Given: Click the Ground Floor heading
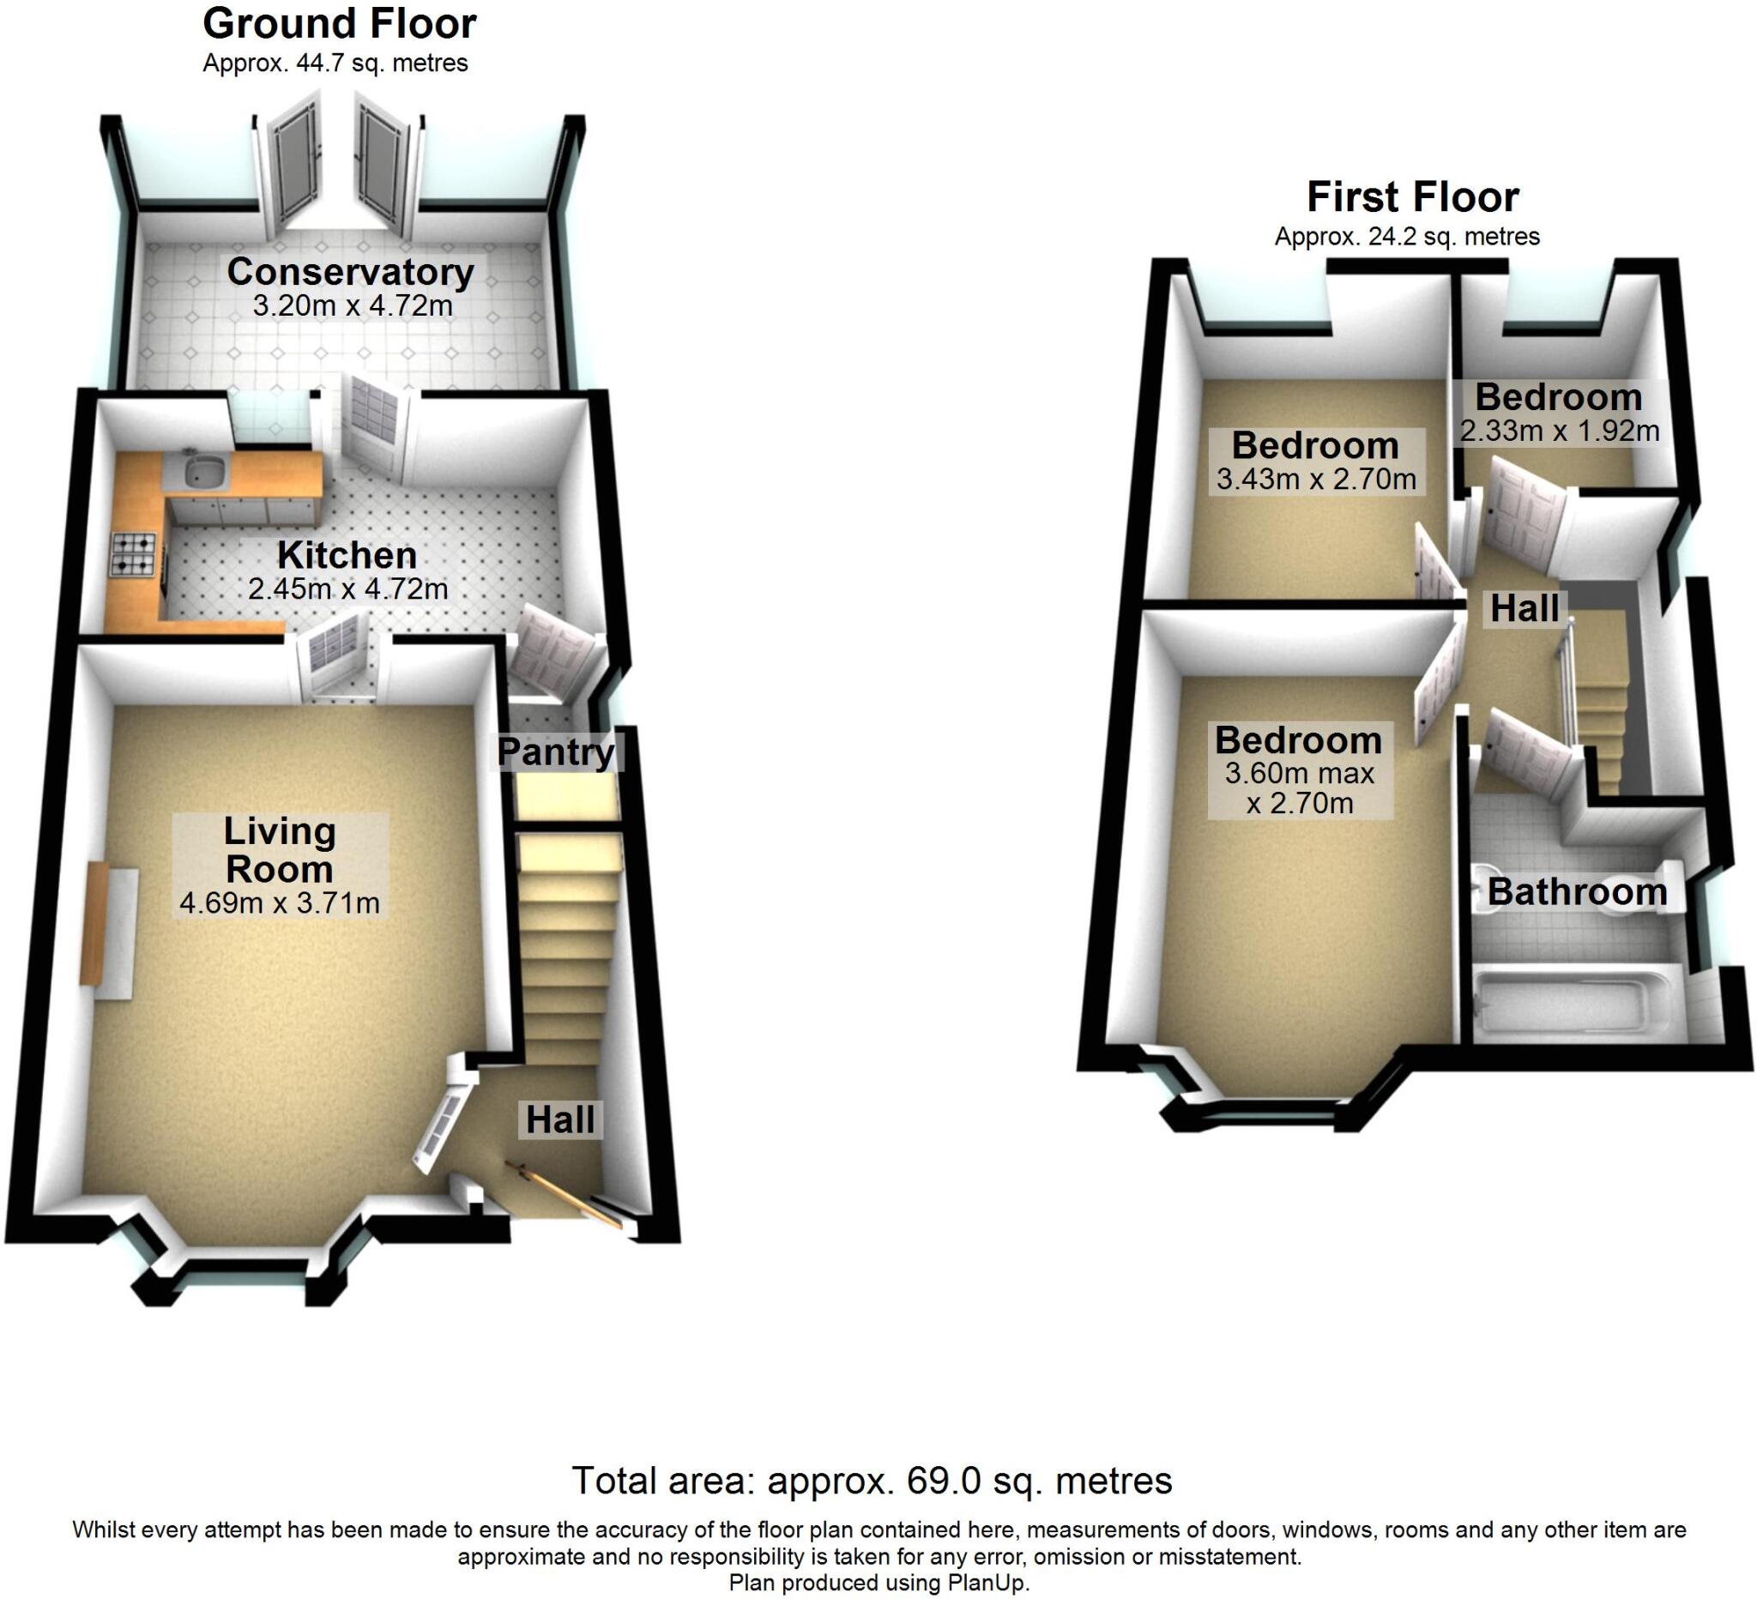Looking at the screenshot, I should coord(339,24).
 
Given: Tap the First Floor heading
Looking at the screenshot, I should coord(1413,197).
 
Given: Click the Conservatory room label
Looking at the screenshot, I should coord(350,272).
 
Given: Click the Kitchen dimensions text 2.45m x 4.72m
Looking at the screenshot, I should coord(347,589).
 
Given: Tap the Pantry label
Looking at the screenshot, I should coord(556,752).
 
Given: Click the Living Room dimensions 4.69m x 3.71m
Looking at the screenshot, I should coord(280,902).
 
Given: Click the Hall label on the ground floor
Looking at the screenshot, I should coord(560,1119).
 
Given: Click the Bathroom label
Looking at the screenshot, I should coord(1578,891).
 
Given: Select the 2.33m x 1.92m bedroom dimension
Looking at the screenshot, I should coord(1559,431).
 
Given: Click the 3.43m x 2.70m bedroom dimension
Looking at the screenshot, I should coord(1316,479).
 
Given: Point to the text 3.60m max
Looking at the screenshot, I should coord(1300,773).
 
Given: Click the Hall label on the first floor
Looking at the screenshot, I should coord(1525,608).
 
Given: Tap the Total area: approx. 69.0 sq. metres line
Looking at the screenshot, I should coord(872,1481).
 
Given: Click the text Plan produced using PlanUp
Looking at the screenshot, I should coord(879,1583).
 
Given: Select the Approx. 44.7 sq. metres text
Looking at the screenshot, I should coord(335,63).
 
